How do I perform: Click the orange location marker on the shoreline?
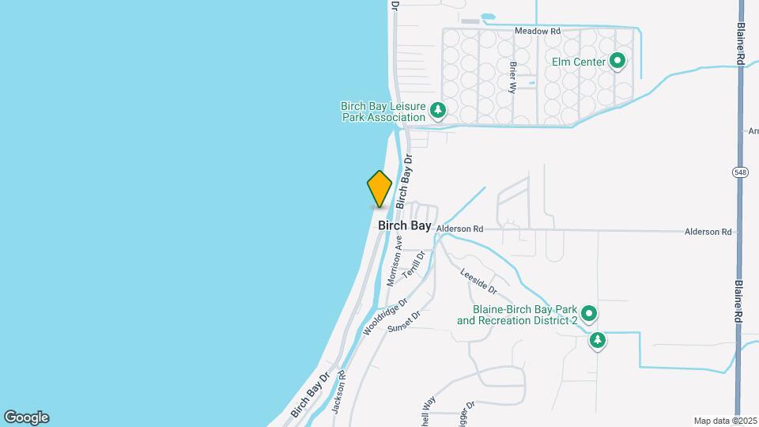379,189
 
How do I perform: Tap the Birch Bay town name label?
405,225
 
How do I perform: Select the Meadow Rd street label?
537,31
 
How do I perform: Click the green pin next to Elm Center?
617,62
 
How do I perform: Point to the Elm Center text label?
580,62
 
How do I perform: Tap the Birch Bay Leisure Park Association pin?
437,111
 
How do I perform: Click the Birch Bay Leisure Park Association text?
383,111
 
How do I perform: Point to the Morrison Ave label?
395,260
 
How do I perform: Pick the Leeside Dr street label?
478,279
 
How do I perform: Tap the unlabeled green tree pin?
599,341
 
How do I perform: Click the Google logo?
26,418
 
